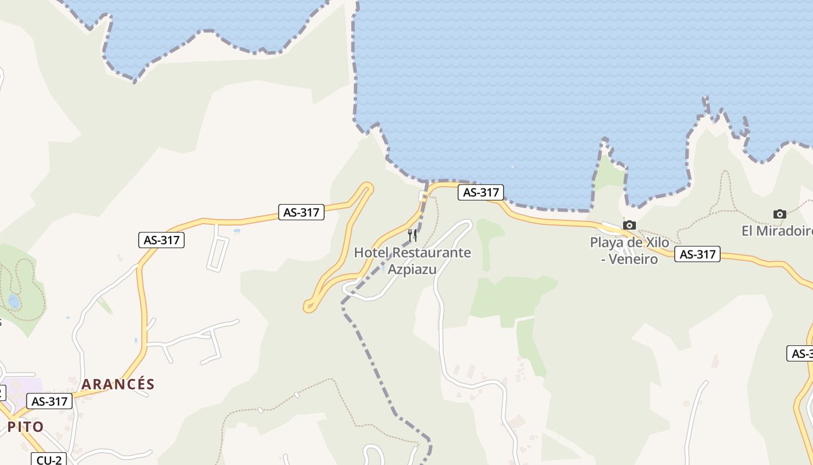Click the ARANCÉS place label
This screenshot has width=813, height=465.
click(118, 384)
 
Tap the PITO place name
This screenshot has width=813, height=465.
click(26, 427)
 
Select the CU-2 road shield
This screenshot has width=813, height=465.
click(49, 460)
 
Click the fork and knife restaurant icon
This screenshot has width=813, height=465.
click(412, 235)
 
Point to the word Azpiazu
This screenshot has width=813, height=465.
click(412, 270)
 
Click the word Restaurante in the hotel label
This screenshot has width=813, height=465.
click(431, 253)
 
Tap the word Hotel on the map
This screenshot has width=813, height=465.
click(371, 253)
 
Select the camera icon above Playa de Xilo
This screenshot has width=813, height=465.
click(629, 225)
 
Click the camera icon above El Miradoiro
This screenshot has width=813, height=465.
click(780, 214)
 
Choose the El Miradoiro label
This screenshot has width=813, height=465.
click(777, 231)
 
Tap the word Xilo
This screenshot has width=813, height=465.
click(656, 242)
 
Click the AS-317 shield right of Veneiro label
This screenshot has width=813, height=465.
click(697, 254)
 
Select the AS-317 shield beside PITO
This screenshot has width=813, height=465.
click(49, 401)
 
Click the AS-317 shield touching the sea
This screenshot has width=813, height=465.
click(480, 192)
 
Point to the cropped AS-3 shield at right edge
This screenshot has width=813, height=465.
click(800, 353)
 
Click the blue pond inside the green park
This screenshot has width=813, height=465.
click(13, 301)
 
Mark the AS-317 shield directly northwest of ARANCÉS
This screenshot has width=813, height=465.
click(161, 239)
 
